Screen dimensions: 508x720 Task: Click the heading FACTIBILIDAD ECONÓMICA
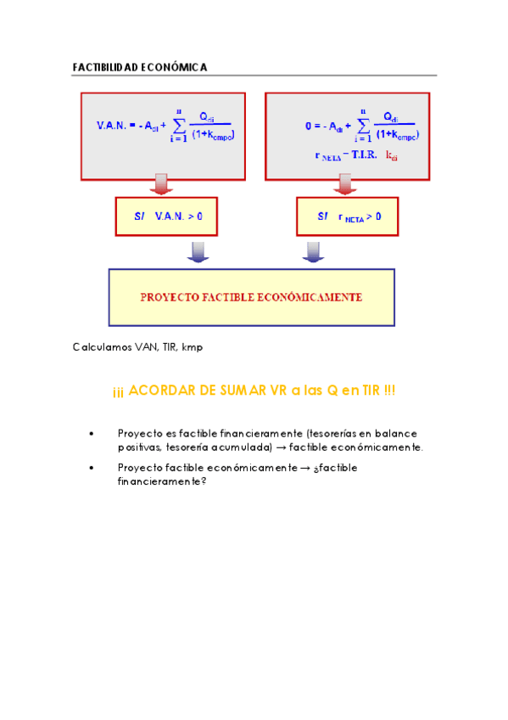(x=140, y=67)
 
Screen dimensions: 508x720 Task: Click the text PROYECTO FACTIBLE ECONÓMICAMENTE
(x=251, y=298)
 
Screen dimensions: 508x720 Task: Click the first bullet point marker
(x=91, y=434)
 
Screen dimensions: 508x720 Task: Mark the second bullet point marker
(x=91, y=468)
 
